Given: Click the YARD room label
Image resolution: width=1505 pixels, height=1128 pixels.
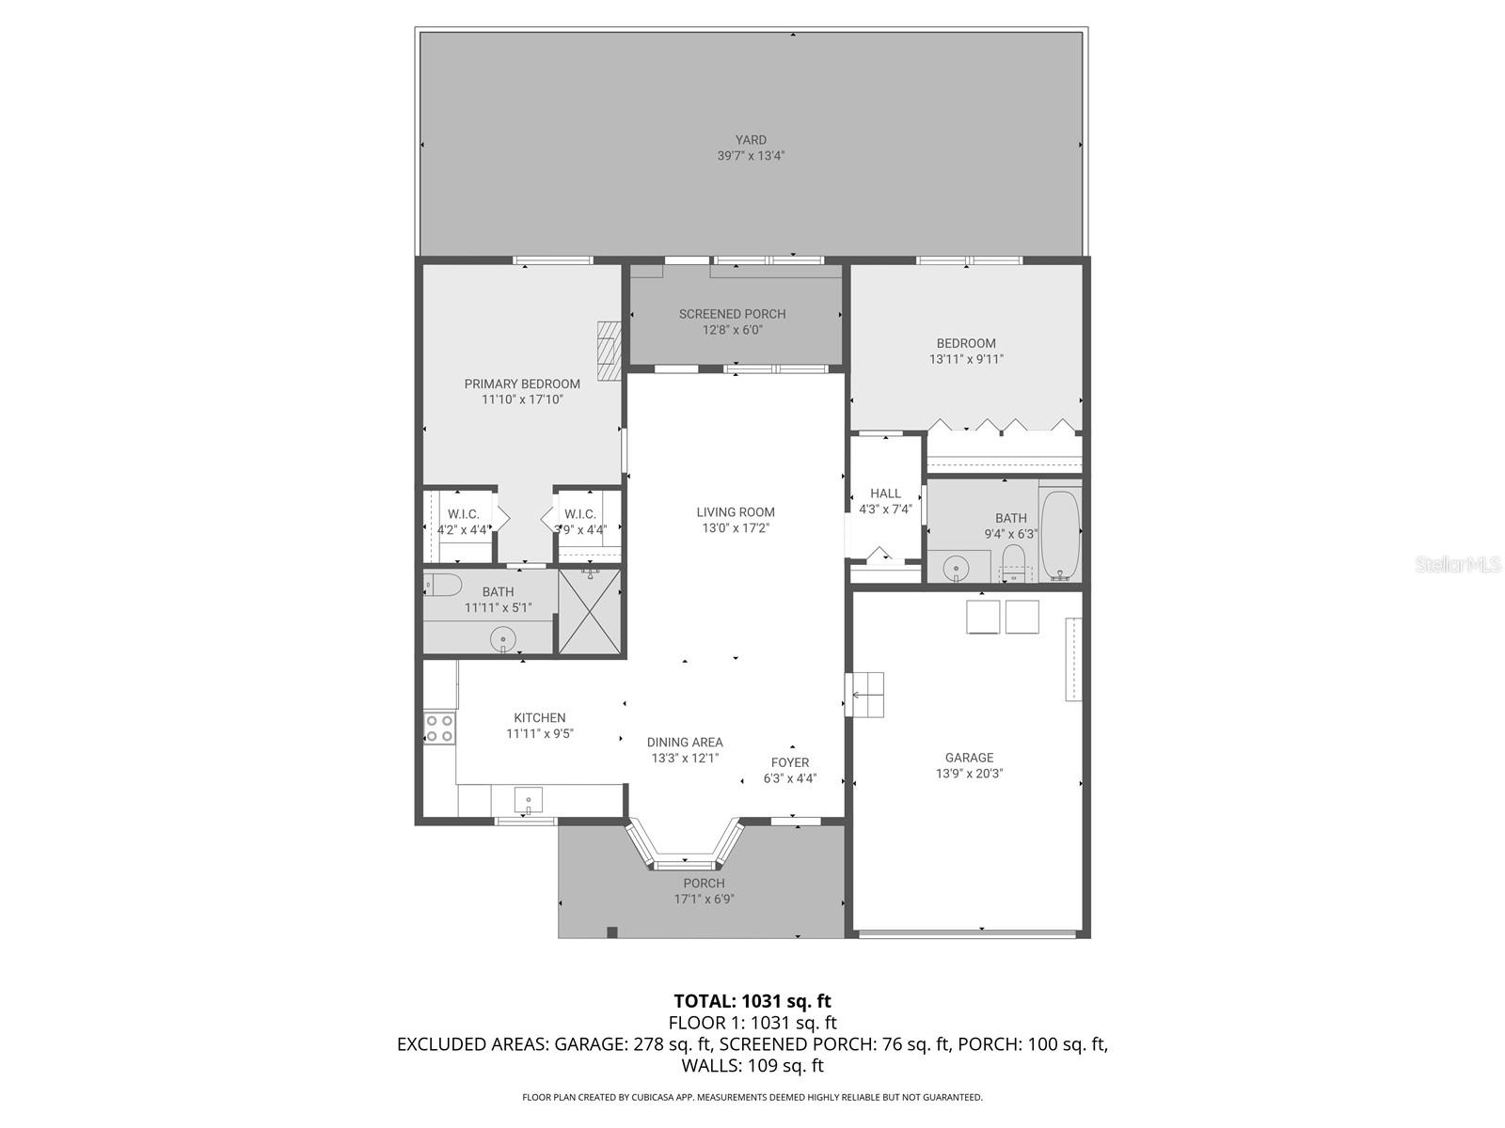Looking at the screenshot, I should pyautogui.click(x=751, y=140).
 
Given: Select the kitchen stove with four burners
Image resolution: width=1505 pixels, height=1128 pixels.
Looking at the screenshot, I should pyautogui.click(x=439, y=728).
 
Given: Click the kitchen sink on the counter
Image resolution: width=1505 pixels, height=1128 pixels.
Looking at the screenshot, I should pyautogui.click(x=529, y=802).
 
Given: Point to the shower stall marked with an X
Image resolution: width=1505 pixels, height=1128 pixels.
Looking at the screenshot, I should pyautogui.click(x=590, y=611).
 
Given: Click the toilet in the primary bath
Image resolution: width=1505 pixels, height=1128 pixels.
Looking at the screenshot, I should pyautogui.click(x=441, y=585).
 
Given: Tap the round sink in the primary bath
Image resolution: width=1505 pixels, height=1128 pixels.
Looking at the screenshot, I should pyautogui.click(x=503, y=640).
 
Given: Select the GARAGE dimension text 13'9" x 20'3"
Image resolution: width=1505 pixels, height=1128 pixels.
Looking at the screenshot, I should pyautogui.click(x=969, y=774).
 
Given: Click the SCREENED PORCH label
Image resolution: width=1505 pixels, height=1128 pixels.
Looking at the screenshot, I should pyautogui.click(x=732, y=314).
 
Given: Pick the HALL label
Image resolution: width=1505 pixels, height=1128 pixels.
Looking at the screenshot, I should pyautogui.click(x=885, y=493).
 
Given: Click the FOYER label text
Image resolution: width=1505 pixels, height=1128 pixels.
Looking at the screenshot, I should pyautogui.click(x=790, y=762).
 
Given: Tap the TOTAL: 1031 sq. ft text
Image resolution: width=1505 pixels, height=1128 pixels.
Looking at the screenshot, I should pyautogui.click(x=752, y=1001).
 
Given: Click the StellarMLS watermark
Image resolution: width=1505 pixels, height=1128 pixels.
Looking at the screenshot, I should pyautogui.click(x=1457, y=564).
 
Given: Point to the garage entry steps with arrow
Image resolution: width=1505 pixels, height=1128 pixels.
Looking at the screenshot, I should pyautogui.click(x=865, y=696).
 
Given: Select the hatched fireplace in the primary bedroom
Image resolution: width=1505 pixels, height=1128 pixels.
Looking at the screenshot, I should pyautogui.click(x=610, y=351).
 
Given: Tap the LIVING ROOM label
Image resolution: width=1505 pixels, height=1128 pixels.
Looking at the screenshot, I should pyautogui.click(x=736, y=512).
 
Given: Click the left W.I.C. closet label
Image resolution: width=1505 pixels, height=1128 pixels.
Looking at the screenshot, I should pyautogui.click(x=463, y=514).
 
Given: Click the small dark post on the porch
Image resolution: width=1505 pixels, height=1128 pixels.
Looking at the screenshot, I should pyautogui.click(x=612, y=932).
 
